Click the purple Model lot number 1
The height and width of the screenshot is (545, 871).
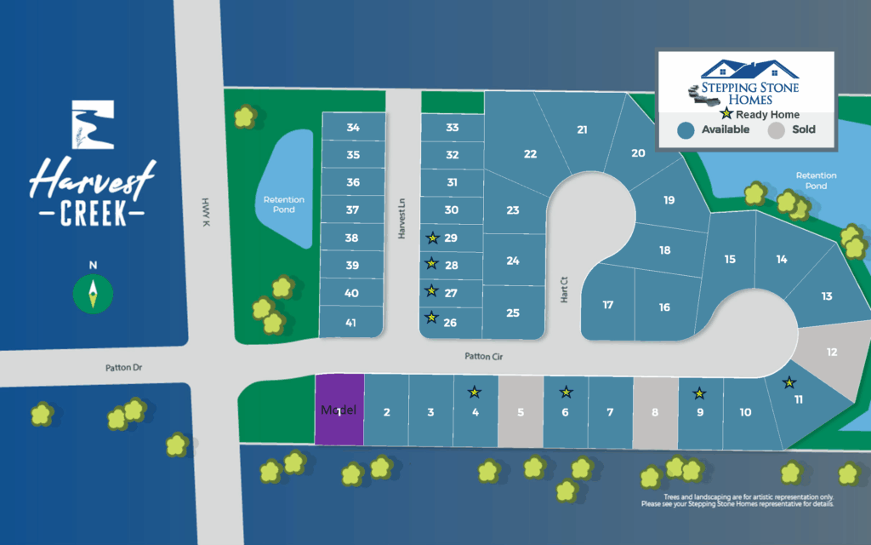tap(339, 410)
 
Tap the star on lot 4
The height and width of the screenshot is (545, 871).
tap(475, 393)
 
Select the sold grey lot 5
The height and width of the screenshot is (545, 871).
tap(521, 412)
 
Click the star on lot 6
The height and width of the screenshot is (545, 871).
tap(566, 393)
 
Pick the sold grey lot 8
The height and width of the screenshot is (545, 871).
tap(655, 413)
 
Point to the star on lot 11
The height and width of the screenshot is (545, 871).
tap(789, 382)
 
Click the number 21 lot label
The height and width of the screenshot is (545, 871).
tap(582, 130)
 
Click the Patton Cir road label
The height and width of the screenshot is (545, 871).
tap(484, 358)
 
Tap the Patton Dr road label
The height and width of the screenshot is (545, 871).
tap(125, 368)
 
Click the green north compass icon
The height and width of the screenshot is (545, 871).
tap(94, 293)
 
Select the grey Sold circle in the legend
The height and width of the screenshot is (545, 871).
tap(776, 130)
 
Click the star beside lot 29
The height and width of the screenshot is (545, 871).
tap(432, 238)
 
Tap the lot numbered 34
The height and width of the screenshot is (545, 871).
tap(353, 128)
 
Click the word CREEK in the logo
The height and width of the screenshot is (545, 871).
tap(93, 214)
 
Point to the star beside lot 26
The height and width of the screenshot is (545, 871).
tap(432, 318)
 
